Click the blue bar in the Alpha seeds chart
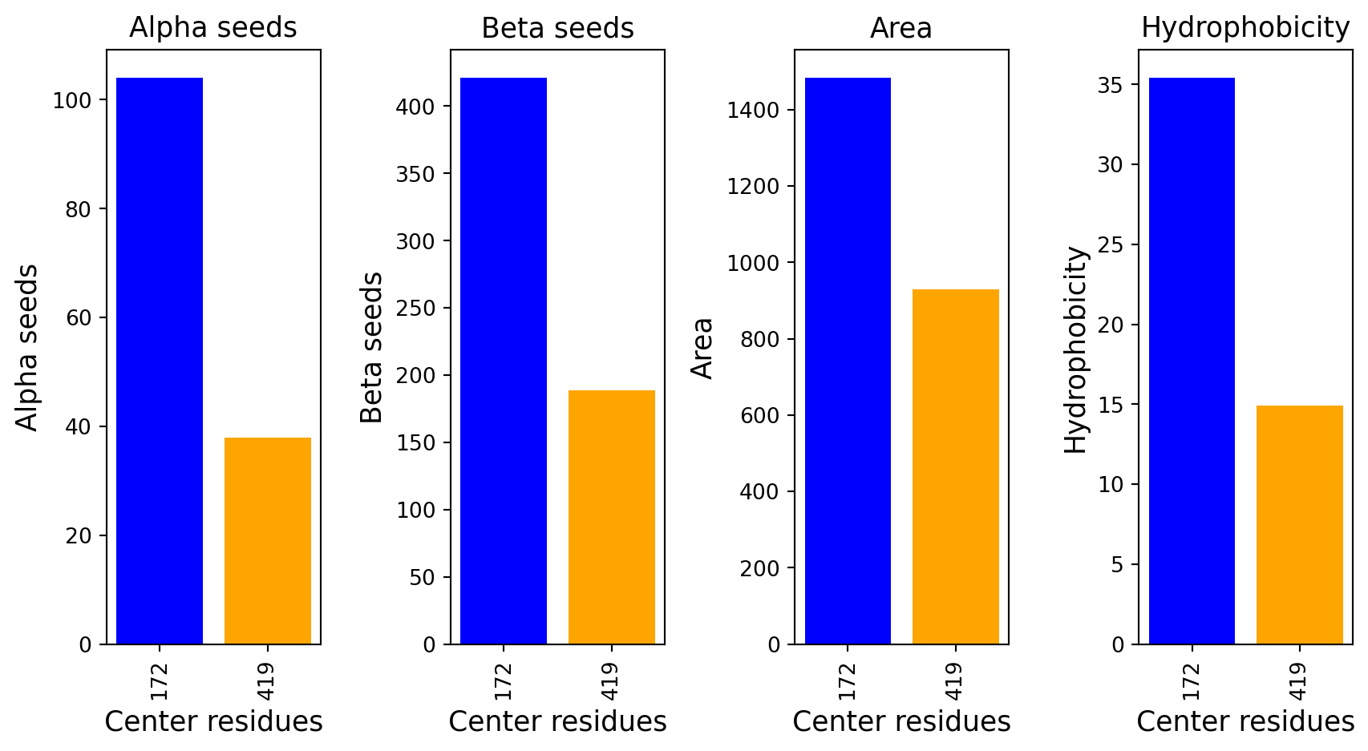click(x=160, y=361)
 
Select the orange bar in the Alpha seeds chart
click(x=268, y=540)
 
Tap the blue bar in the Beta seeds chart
click(x=504, y=361)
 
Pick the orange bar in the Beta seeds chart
click(x=612, y=517)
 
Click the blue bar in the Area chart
click(x=848, y=361)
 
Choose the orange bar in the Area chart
click(x=956, y=466)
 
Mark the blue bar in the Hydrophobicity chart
click(x=1192, y=361)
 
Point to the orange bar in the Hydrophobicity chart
click(x=1300, y=524)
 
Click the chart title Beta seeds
click(x=557, y=29)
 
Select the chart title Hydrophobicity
click(x=1245, y=28)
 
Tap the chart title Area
click(x=901, y=29)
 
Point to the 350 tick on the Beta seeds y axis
click(x=415, y=175)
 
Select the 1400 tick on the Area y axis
click(x=753, y=111)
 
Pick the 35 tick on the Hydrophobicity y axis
click(x=1109, y=85)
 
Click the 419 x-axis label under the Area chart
click(x=954, y=680)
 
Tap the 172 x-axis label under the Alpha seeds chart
click(x=159, y=680)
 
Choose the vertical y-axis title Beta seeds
click(x=371, y=347)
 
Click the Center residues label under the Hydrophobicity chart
click(x=1245, y=722)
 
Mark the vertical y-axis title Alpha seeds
click(x=27, y=347)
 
